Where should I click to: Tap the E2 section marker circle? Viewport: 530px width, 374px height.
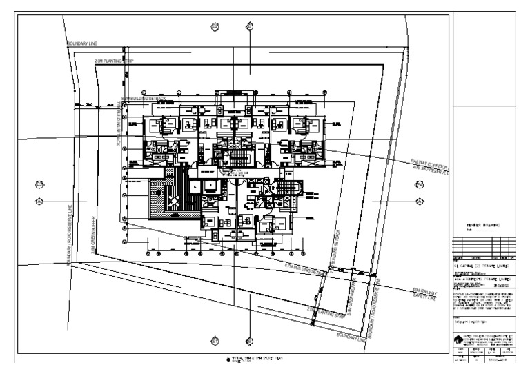[215, 26]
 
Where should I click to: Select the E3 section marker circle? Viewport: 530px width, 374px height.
[39, 184]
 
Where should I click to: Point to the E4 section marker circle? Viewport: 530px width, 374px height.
[419, 185]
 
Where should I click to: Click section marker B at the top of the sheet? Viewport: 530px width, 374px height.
[250, 26]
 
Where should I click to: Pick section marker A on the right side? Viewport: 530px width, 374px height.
[419, 200]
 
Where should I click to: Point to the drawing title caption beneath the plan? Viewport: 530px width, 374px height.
[255, 361]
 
